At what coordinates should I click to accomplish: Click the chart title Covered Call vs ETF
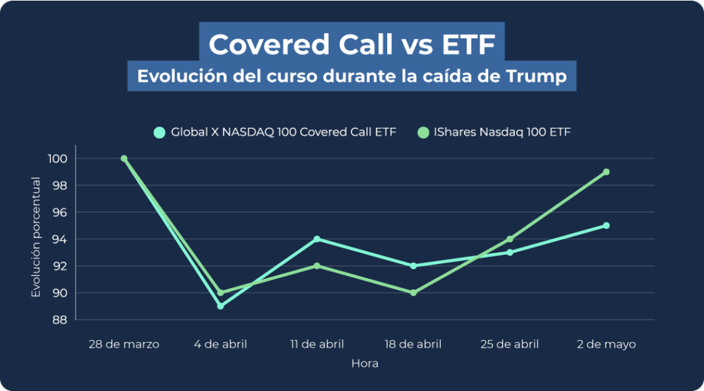[351, 45]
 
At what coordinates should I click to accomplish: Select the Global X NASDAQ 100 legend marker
[159, 132]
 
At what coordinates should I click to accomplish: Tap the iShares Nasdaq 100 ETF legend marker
[423, 132]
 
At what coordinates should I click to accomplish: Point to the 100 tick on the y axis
[58, 159]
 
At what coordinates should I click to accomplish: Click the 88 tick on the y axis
[60, 320]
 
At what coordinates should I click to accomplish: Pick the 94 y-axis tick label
[60, 239]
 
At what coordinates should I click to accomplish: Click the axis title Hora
[364, 364]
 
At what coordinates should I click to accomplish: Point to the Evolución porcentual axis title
[36, 238]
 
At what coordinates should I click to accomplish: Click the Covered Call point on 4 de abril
[220, 306]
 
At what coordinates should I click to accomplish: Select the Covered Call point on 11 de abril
[317, 239]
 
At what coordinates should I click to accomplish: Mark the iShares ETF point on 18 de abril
[413, 293]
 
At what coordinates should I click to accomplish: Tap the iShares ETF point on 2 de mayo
[606, 172]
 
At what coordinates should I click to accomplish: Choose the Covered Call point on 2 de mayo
[606, 225]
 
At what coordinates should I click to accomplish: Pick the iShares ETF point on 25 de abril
[509, 239]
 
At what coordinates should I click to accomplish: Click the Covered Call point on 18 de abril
[413, 266]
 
